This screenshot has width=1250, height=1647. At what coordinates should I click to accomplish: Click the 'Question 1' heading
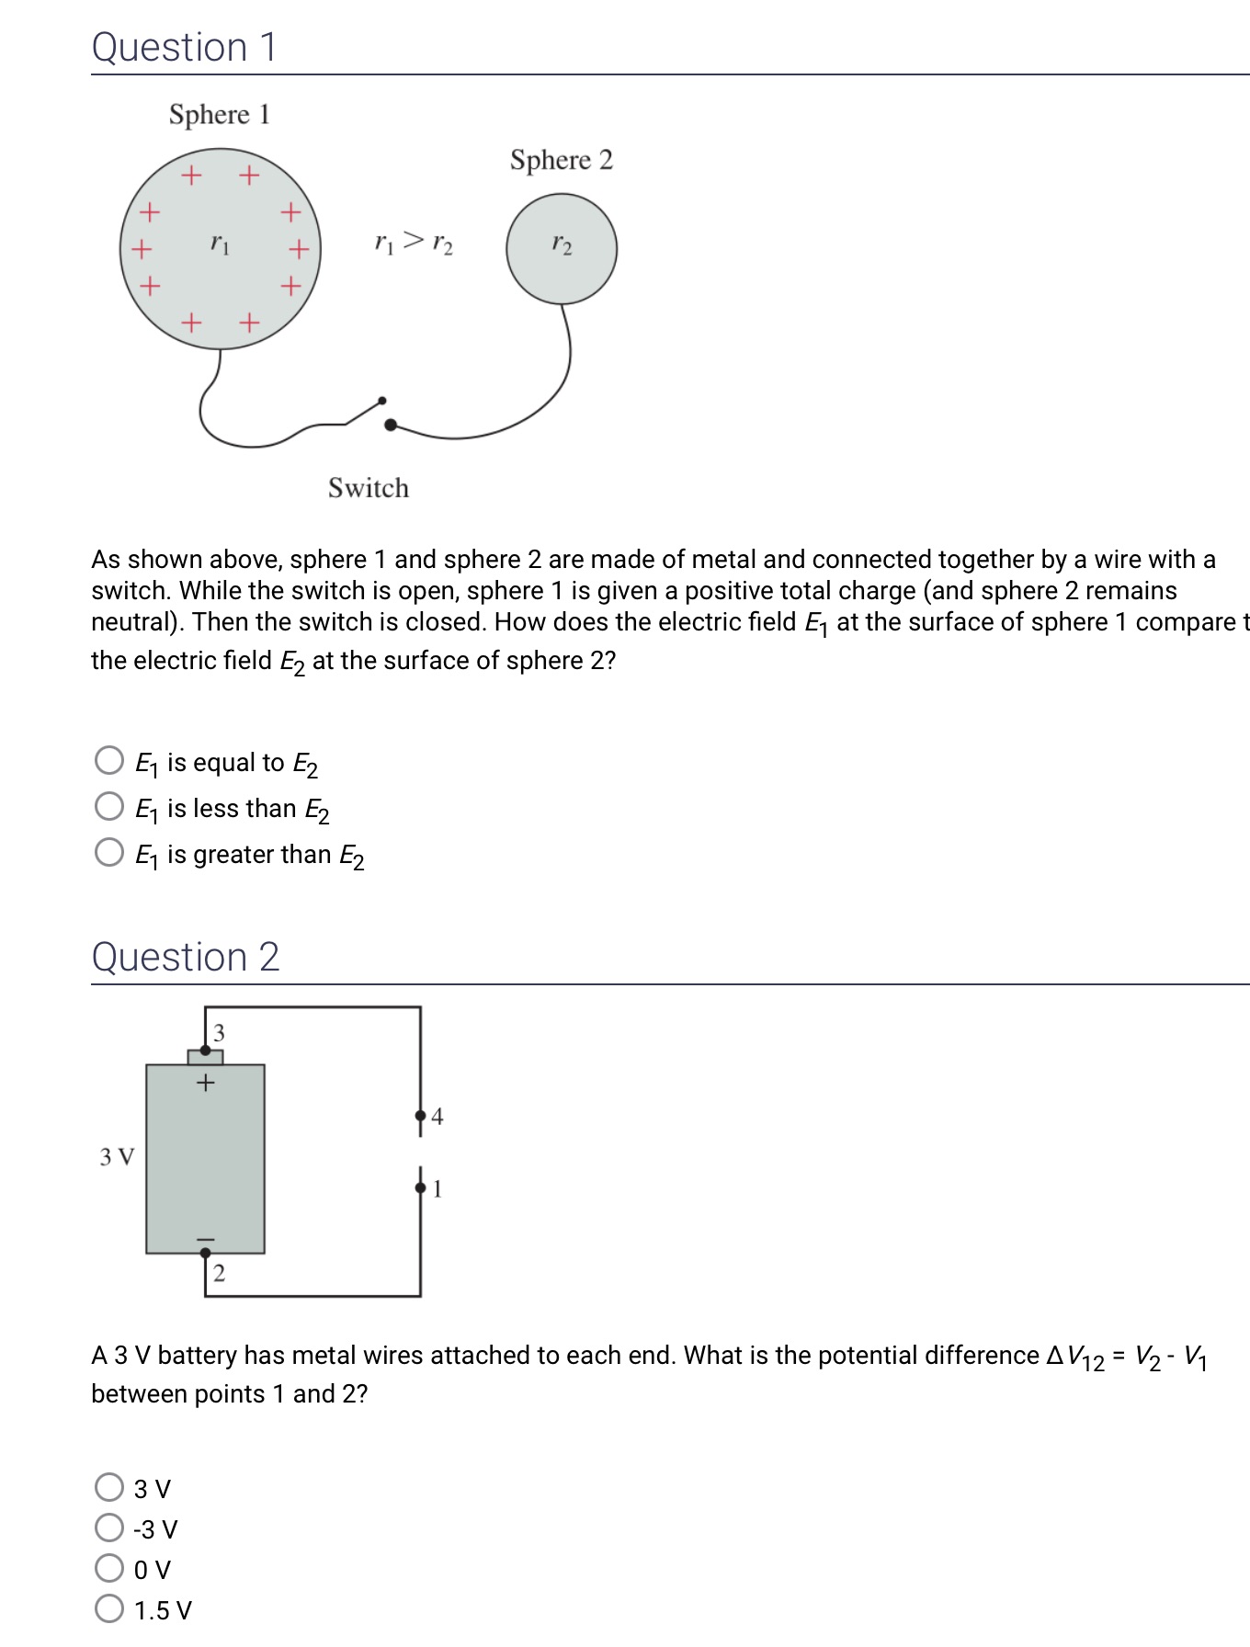[184, 47]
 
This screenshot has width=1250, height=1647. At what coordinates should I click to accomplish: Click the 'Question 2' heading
[185, 957]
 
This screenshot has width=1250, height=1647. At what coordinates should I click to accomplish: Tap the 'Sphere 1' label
[219, 115]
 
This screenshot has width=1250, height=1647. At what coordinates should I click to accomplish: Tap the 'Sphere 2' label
[561, 160]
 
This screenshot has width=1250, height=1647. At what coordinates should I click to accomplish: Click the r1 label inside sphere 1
[220, 244]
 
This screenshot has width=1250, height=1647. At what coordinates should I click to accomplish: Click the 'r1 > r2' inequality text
[414, 243]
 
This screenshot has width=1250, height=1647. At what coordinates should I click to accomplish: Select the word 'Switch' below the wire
[368, 487]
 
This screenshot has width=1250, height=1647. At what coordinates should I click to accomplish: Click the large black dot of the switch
[391, 425]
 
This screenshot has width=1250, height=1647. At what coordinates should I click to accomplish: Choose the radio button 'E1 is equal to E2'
[109, 760]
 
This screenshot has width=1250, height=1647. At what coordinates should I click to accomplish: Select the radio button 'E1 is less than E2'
[109, 806]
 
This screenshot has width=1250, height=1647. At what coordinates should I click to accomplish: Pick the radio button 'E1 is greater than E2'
[109, 852]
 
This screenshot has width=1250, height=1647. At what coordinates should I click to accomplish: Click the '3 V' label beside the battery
[117, 1156]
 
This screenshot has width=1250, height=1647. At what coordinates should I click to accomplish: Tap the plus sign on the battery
[206, 1083]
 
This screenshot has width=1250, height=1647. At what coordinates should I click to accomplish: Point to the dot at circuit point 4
[421, 1116]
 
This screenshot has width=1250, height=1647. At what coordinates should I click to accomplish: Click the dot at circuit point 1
[421, 1188]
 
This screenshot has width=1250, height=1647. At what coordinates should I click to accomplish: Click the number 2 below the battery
[219, 1273]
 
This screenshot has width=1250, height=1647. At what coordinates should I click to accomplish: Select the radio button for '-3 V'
[109, 1528]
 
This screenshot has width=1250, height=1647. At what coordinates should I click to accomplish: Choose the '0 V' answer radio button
[109, 1568]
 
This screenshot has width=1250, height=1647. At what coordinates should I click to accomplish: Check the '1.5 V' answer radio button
[109, 1608]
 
